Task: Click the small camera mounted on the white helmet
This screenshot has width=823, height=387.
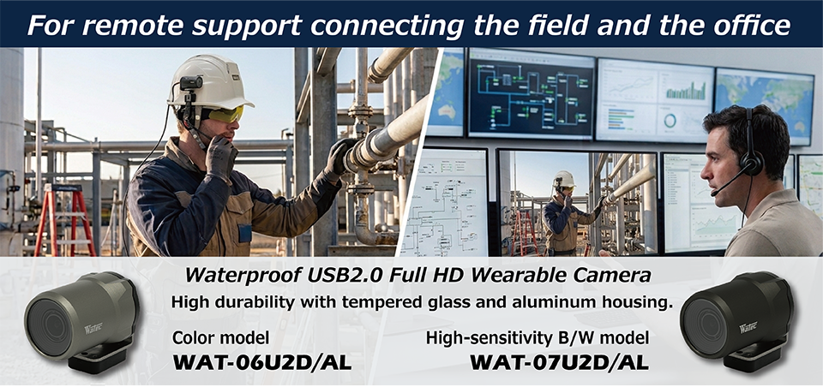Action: pos(191,83)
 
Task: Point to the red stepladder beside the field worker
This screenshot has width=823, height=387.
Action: pos(65,219)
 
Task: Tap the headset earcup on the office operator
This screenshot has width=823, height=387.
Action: pos(752,164)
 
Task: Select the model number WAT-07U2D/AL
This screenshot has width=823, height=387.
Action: pos(558,363)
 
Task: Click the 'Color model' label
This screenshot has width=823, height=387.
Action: pos(220,338)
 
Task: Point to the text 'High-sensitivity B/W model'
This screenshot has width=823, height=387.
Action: pos(537,338)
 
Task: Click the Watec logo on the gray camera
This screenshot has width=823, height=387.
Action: pos(93,329)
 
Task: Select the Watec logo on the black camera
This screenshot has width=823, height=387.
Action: pos(749,328)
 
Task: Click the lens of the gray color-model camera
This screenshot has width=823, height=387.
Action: pos(50,325)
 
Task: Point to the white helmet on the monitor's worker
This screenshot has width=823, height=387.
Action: pos(564,178)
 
